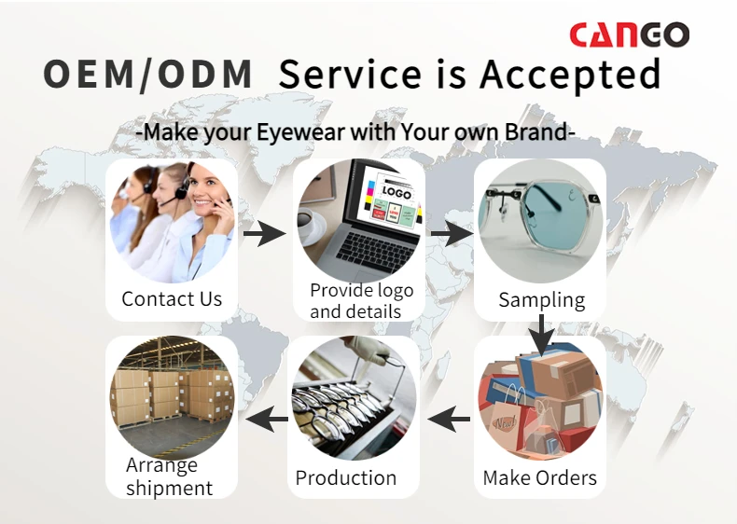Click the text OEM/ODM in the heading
point(149,75)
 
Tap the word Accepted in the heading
point(570,75)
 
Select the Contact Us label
point(172,299)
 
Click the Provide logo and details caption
point(361,300)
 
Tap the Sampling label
point(541,299)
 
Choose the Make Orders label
point(539,478)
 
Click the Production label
point(346,478)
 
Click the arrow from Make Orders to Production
point(450,419)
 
